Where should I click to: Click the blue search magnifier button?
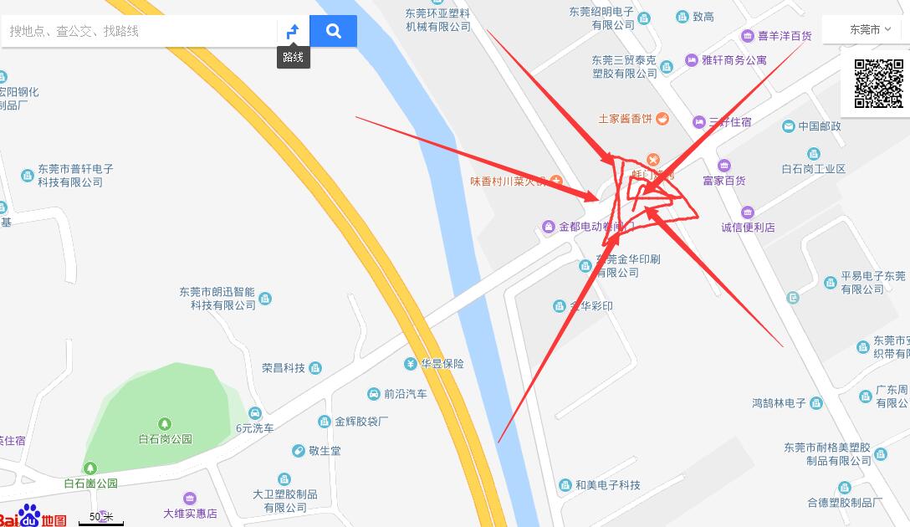(333, 31)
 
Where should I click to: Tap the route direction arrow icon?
(293, 32)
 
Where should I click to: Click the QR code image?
(879, 84)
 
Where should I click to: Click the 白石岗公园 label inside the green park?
(166, 438)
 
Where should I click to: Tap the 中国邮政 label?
(819, 126)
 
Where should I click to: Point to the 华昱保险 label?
(442, 364)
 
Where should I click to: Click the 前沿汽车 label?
(405, 394)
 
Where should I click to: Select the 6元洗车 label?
(254, 427)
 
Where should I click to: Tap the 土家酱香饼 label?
(625, 119)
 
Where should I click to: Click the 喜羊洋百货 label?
(785, 36)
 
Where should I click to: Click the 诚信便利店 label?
(748, 227)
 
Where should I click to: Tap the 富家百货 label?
(723, 180)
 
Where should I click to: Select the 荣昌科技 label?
(284, 368)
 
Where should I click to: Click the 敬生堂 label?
(324, 451)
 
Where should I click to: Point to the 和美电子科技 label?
(607, 485)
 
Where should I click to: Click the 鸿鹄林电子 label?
(779, 403)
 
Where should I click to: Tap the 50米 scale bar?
(101, 519)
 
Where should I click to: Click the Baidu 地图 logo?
(33, 516)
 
